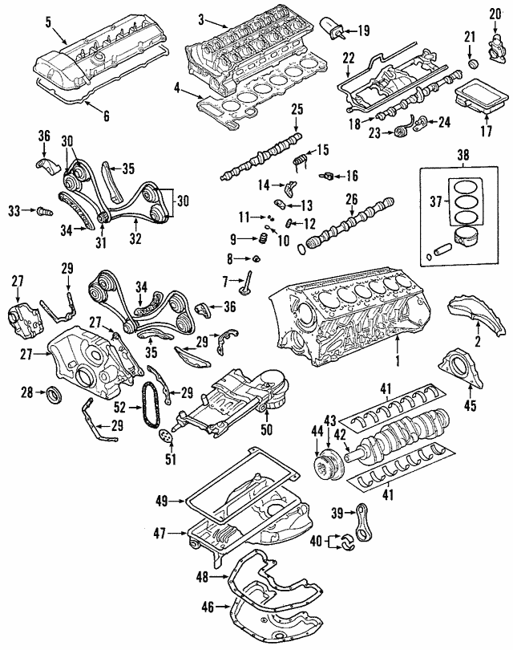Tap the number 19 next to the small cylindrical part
click(x=363, y=30)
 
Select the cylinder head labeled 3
click(x=248, y=56)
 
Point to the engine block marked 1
click(x=345, y=313)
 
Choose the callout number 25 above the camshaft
click(x=296, y=110)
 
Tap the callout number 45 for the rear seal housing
click(x=471, y=404)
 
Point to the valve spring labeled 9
click(x=260, y=240)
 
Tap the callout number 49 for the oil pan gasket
click(x=160, y=503)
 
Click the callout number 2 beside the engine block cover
click(x=477, y=343)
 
